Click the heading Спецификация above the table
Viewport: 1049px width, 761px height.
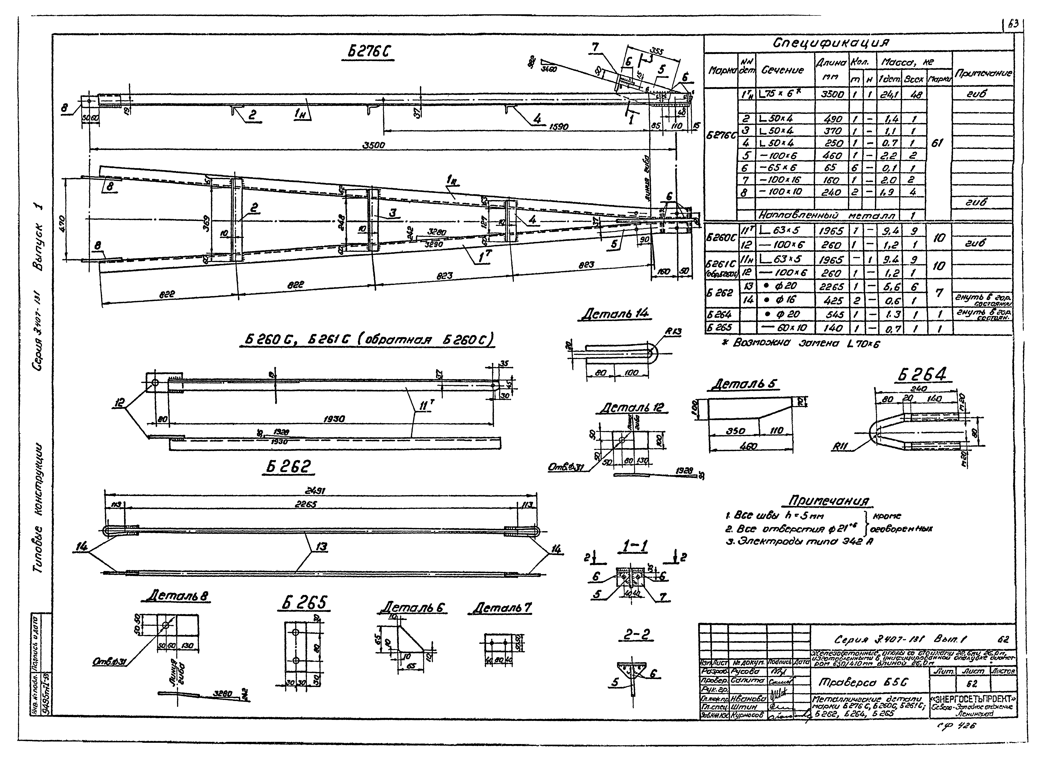(x=831, y=43)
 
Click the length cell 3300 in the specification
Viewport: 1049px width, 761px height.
(x=832, y=94)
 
